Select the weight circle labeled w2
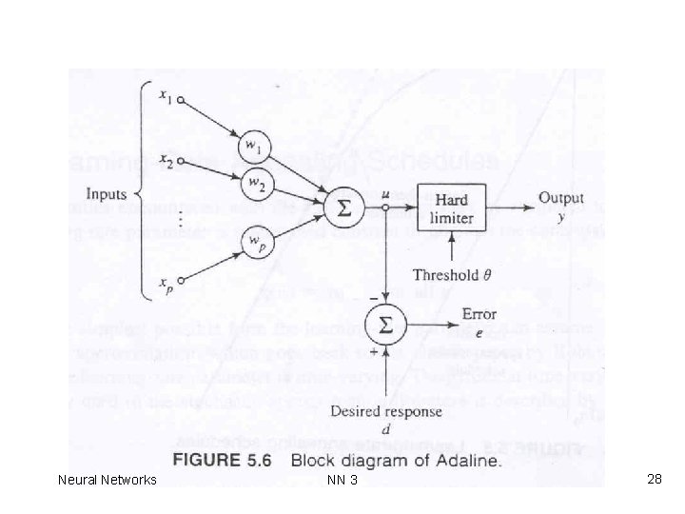(x=256, y=181)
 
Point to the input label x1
(x=166, y=96)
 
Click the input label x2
(x=165, y=163)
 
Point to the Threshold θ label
(x=451, y=275)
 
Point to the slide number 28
(x=654, y=479)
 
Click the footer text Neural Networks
(x=107, y=480)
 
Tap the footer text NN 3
(x=341, y=480)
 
